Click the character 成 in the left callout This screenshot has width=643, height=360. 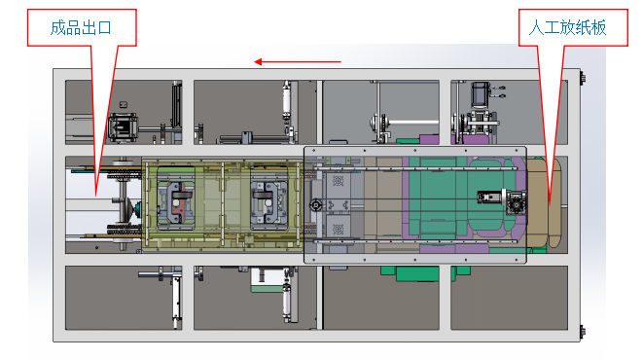[x=57, y=28]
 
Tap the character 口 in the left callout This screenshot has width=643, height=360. [x=104, y=28]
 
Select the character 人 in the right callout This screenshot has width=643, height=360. [x=536, y=28]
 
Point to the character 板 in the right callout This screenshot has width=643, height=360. [x=599, y=28]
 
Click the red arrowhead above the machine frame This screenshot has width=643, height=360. [x=258, y=62]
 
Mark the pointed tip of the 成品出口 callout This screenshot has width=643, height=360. [x=96, y=196]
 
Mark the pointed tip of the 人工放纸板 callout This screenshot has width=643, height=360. [x=550, y=202]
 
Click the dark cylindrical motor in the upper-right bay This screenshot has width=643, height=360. [x=480, y=94]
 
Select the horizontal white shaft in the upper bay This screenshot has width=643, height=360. [x=413, y=123]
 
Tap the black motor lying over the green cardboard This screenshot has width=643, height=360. [x=489, y=198]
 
